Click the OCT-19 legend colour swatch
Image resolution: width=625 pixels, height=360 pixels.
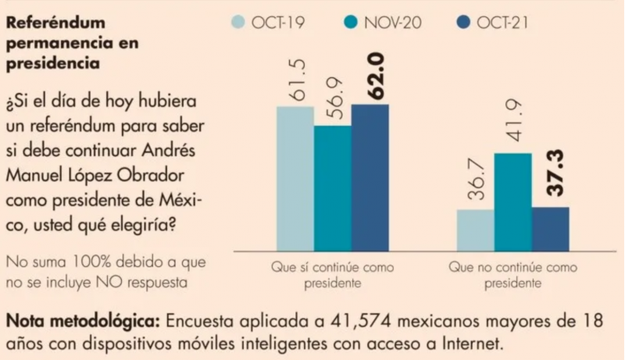(x=243, y=22)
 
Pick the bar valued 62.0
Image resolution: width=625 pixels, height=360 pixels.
(x=370, y=176)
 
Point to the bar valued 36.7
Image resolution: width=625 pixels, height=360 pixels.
(x=475, y=229)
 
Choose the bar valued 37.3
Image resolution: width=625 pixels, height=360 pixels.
(x=550, y=227)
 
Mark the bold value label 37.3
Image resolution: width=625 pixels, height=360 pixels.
(x=549, y=180)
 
